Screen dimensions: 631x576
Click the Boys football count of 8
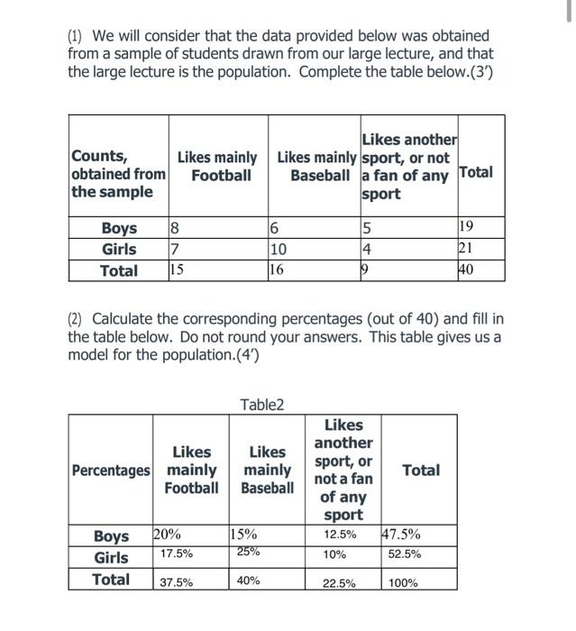coord(175,227)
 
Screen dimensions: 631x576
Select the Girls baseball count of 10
coord(278,249)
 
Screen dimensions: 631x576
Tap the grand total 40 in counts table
coord(466,270)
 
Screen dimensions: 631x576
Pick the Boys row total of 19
coord(466,227)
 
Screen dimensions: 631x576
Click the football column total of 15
coord(178,270)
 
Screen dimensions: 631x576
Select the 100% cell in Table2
coord(403,582)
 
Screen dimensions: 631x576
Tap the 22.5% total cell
coord(339,582)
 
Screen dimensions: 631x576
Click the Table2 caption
coord(261,405)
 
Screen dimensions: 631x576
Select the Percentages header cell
coord(110,471)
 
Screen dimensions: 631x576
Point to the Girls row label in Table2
coord(111,558)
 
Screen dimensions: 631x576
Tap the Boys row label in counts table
coord(119,228)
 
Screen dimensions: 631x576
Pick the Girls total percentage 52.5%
coord(405,554)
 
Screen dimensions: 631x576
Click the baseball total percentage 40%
coord(248,581)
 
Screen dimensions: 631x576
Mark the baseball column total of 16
coord(277,270)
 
